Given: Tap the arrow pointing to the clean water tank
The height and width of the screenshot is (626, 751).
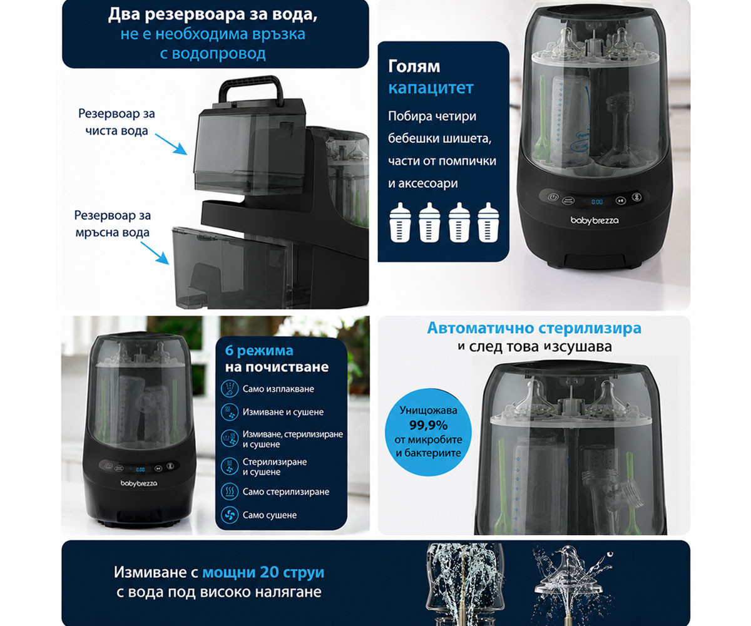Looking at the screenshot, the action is [x=171, y=144].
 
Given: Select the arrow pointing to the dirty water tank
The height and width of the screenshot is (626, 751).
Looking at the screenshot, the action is [x=155, y=253].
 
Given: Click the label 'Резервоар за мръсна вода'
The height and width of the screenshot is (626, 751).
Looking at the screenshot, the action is [x=112, y=223].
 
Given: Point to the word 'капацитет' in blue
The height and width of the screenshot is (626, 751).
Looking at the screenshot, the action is [x=431, y=88].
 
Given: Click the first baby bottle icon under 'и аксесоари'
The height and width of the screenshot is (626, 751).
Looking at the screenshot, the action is [x=400, y=222].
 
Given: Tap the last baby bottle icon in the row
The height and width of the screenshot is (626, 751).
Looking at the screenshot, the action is [x=488, y=222].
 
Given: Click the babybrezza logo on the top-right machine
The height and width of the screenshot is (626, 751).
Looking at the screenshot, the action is [x=595, y=220].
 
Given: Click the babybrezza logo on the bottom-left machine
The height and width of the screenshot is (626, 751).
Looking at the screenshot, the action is [x=139, y=483].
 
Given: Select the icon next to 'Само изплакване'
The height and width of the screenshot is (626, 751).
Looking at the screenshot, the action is [x=230, y=389].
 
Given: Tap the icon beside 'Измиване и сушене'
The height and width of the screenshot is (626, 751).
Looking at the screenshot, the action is [x=230, y=412].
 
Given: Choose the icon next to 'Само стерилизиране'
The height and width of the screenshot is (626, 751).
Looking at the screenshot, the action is [x=230, y=491].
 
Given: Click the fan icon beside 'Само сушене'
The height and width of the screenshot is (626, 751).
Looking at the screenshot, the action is [x=230, y=515].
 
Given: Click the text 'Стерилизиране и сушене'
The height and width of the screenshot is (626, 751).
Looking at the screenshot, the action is [x=275, y=466].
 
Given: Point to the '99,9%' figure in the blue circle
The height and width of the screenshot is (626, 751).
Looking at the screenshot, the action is [x=428, y=426].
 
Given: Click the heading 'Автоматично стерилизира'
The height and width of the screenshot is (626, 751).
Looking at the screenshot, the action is [x=534, y=328].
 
